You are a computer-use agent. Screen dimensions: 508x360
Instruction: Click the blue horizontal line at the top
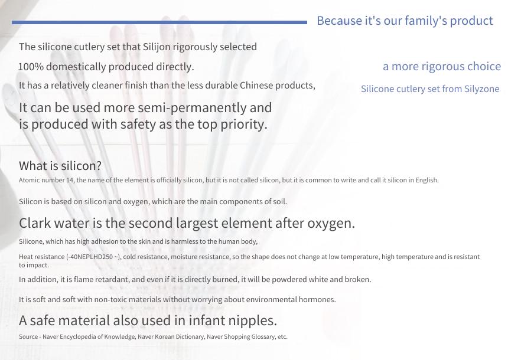[x=159, y=22]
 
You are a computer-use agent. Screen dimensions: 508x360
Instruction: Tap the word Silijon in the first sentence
[x=157, y=47]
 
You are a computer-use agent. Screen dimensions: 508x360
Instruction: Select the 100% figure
[x=31, y=67]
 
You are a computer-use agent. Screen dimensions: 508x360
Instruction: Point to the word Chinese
[x=256, y=86]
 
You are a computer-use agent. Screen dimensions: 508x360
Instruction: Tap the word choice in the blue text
[x=484, y=66]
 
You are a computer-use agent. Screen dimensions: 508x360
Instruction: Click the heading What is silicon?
[x=60, y=166]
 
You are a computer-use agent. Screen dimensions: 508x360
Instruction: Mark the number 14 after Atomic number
[x=70, y=181]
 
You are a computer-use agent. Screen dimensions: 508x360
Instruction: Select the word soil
[x=279, y=202]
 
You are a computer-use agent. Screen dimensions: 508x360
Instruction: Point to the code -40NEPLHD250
[x=91, y=257]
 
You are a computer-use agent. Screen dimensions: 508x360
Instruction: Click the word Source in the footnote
[x=28, y=337]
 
